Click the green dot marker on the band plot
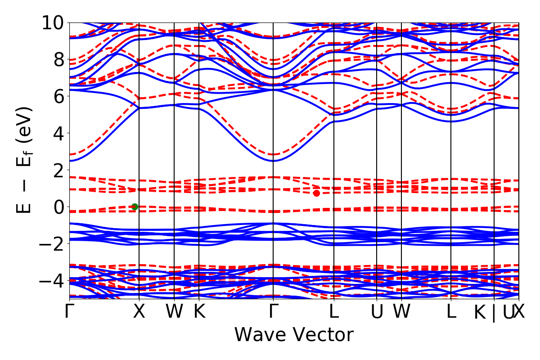(x=135, y=207)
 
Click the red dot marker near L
(x=316, y=193)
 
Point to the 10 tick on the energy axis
(x=54, y=22)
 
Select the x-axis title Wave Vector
(x=294, y=335)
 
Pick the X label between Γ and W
(x=139, y=312)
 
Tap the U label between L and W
(x=377, y=312)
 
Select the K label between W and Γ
(x=199, y=312)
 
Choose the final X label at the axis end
(x=519, y=312)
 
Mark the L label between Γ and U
(x=333, y=312)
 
